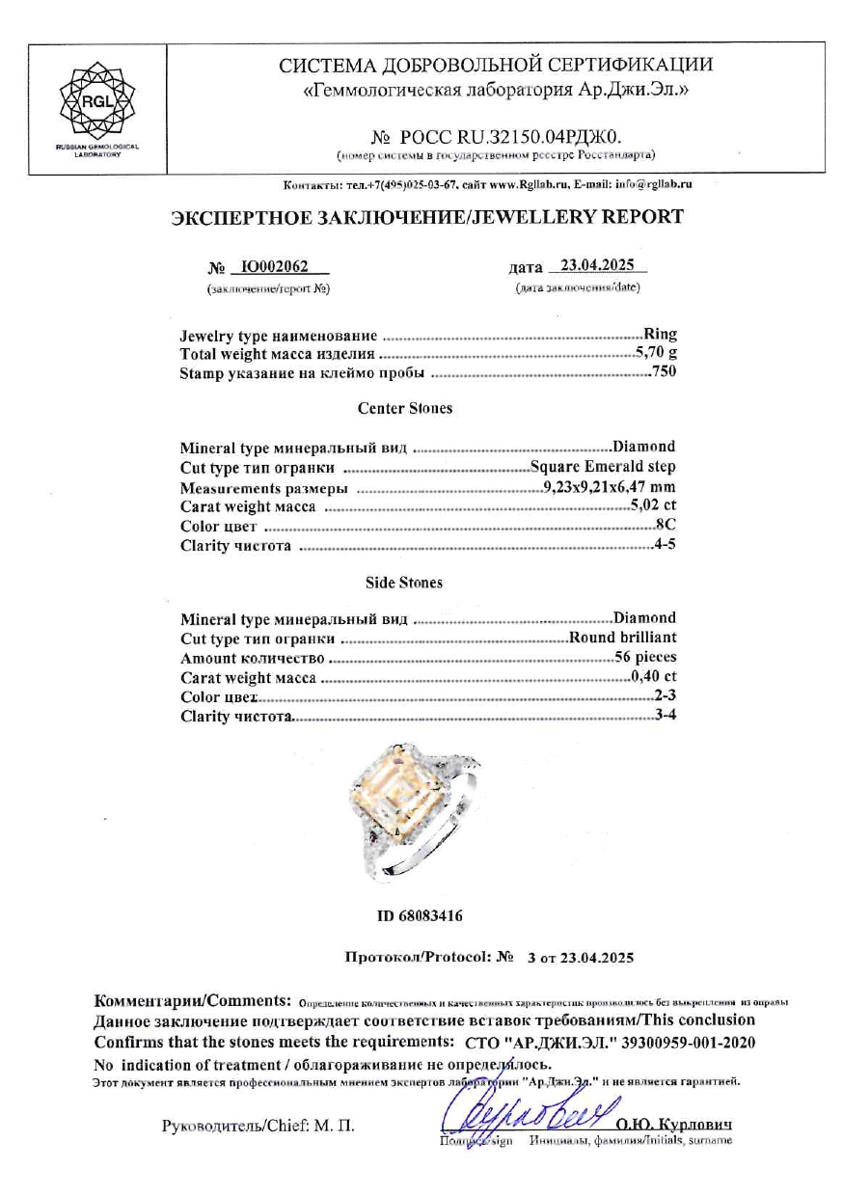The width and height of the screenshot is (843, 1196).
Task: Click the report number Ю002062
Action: point(273,267)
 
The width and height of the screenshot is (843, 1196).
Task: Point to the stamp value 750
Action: point(664,372)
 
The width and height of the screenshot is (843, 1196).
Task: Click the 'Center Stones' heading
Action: point(404,408)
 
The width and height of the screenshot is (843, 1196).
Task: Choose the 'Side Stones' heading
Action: point(404,583)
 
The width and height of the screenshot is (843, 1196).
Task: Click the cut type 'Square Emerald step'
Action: point(603,467)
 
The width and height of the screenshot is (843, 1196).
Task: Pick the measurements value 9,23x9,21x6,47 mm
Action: point(608,487)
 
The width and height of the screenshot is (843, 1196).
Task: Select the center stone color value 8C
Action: point(666,526)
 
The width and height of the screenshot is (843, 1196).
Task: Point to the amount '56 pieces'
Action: point(645,657)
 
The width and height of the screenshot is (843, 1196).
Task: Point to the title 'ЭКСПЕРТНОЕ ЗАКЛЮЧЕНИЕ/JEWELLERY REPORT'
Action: point(426,216)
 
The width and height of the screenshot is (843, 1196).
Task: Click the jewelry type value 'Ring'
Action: point(661,335)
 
